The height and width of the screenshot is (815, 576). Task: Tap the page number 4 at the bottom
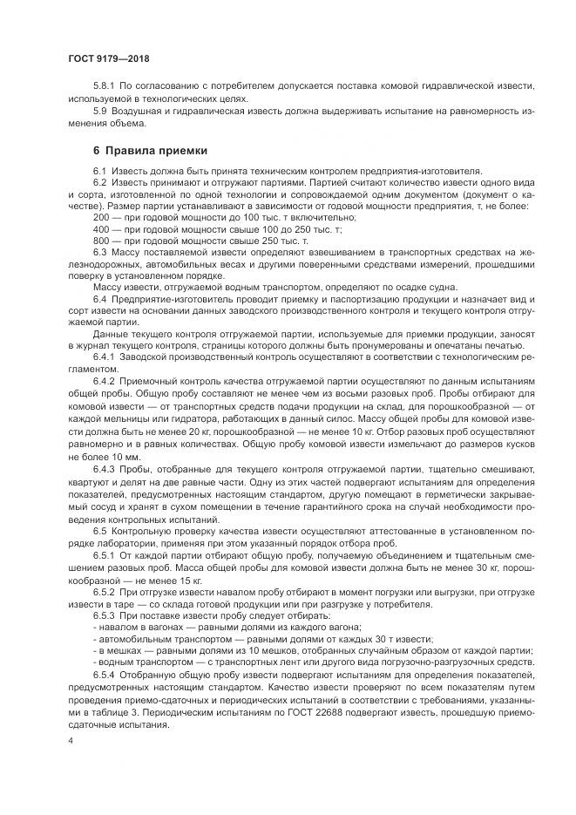coord(70,740)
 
